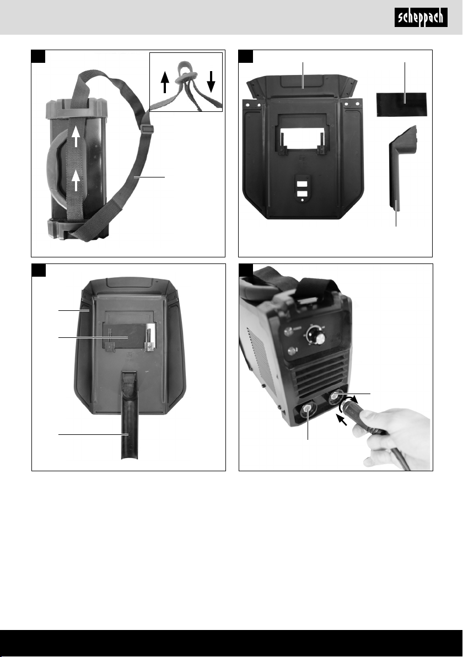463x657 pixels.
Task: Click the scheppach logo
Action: pos(421,18)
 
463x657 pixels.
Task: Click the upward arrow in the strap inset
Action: pos(165,82)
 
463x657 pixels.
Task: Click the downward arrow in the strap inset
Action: pos(211,81)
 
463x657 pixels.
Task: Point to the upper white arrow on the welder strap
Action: pos(76,137)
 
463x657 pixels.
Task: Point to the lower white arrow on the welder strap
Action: pos(76,181)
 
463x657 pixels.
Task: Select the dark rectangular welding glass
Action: pos(401,104)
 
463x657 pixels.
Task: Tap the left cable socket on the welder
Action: pos(309,410)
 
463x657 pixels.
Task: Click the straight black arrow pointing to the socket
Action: pos(342,419)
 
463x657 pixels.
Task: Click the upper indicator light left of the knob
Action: pos(288,332)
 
